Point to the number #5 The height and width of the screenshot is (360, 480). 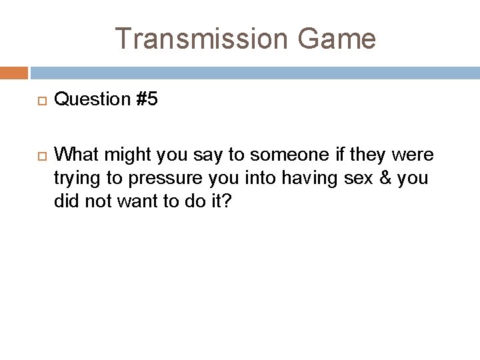(x=146, y=99)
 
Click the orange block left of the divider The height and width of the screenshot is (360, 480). (x=13, y=72)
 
